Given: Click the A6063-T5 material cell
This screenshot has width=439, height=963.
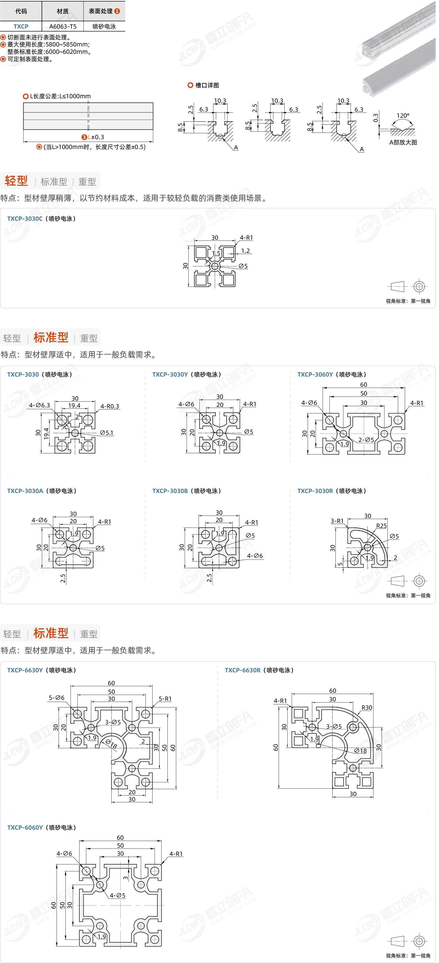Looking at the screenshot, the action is (63, 27).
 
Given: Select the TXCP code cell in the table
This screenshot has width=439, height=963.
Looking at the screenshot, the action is (21, 27).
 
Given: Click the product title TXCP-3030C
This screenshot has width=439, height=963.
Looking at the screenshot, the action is (25, 219).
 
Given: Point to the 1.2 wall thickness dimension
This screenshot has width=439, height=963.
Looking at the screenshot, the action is (245, 251).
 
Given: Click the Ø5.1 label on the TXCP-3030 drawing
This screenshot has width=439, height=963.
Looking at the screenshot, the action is (107, 433).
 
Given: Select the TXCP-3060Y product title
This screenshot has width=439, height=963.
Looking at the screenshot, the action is (315, 374).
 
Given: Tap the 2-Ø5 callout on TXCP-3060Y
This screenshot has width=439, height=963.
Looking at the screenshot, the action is (366, 440).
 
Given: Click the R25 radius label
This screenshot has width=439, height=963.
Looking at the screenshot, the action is (381, 526).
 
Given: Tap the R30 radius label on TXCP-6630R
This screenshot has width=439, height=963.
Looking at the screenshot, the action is (367, 708).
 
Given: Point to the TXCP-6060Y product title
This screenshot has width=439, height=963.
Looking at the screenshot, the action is (25, 828).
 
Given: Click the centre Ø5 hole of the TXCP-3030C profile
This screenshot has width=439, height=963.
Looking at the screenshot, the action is (215, 266).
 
